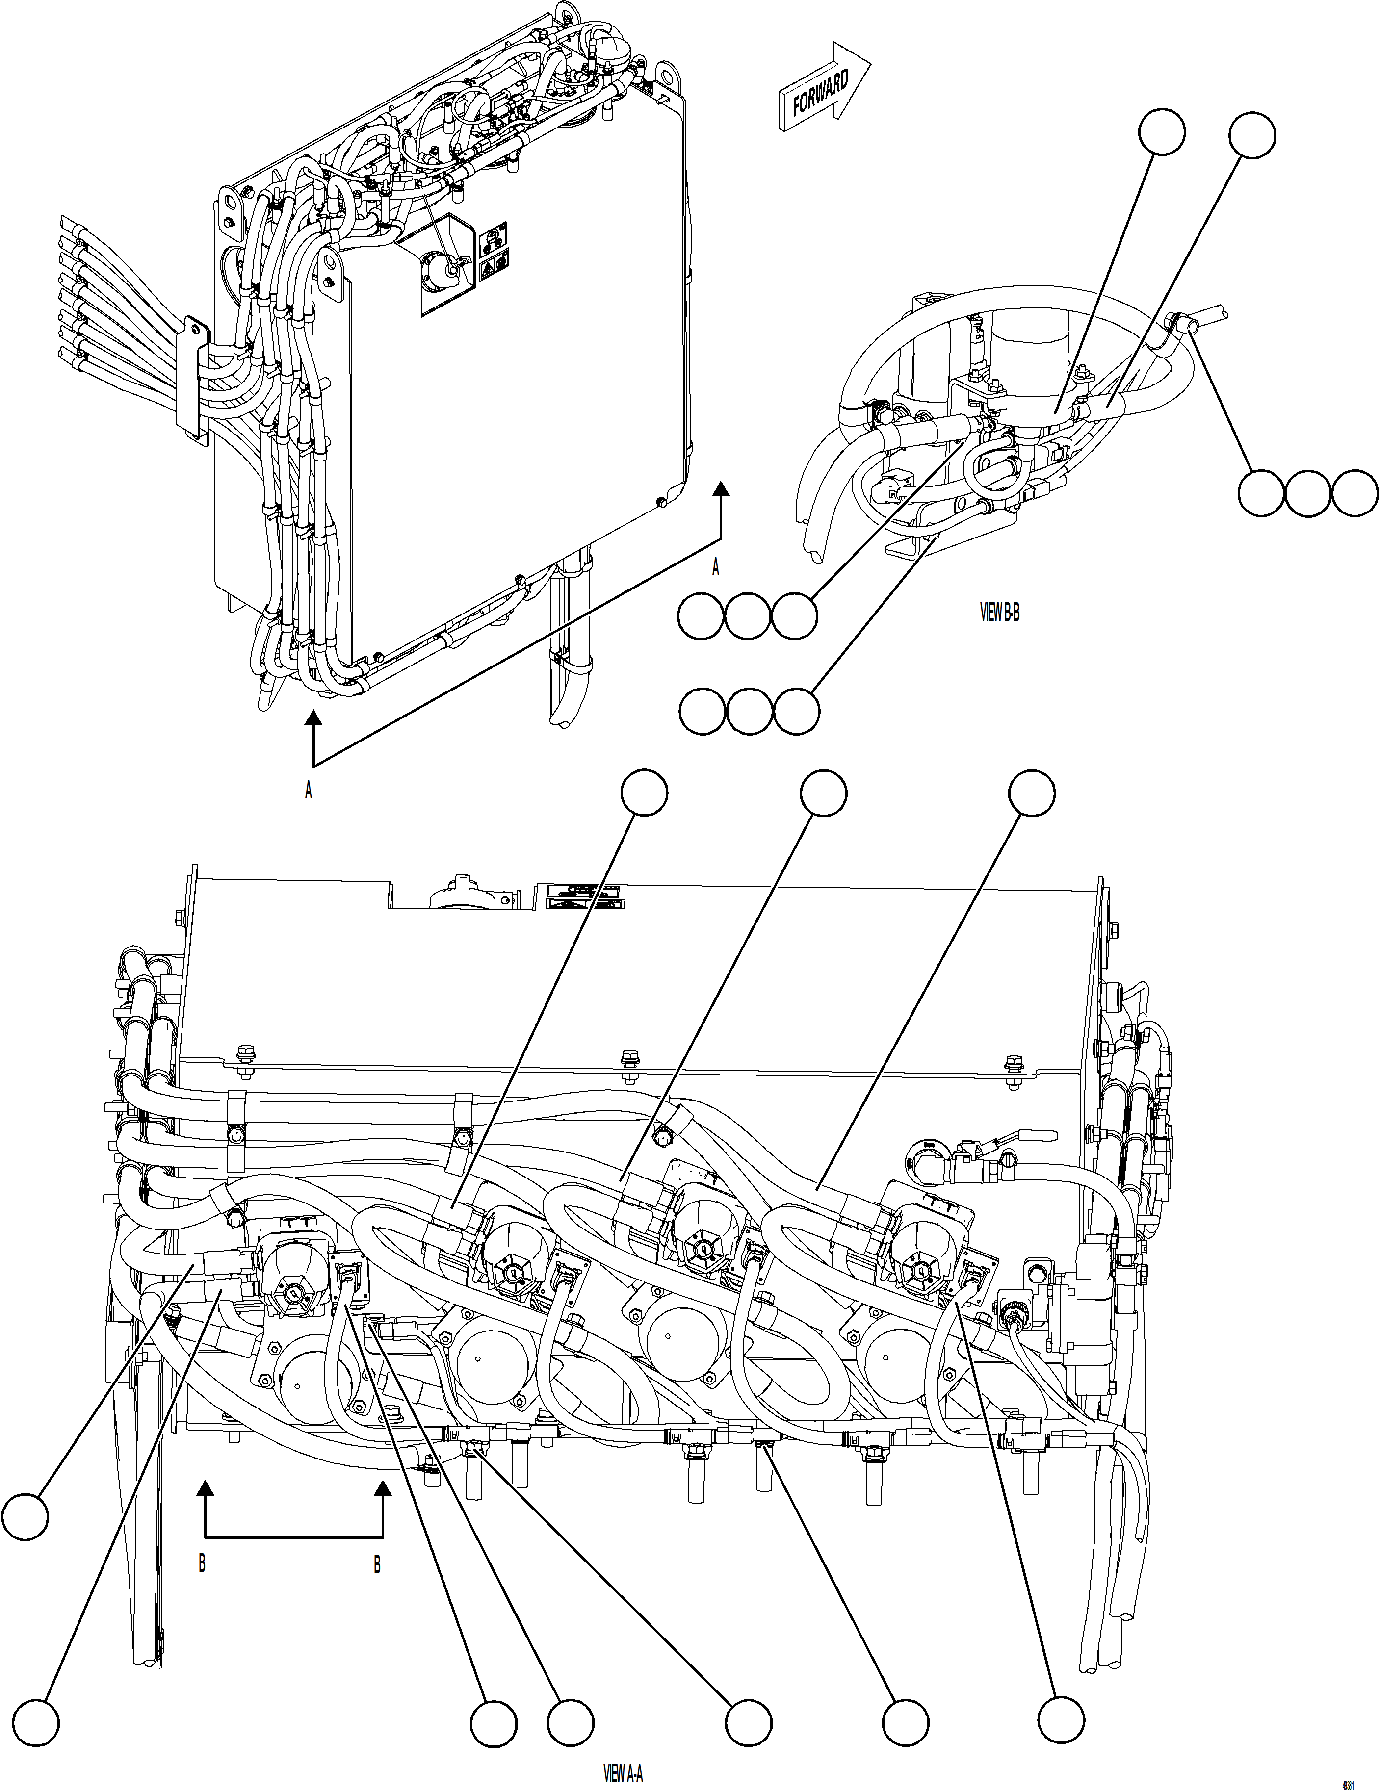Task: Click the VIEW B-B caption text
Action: (x=1000, y=613)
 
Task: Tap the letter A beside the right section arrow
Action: (x=715, y=568)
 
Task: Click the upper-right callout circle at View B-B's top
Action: (x=1253, y=135)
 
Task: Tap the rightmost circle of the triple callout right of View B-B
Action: (x=1354, y=493)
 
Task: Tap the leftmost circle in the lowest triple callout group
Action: (x=703, y=712)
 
